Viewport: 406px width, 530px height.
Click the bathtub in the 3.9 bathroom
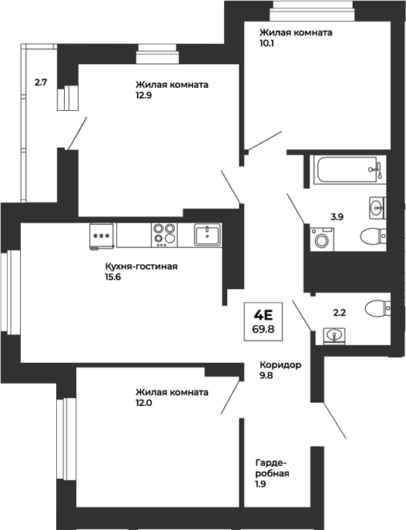pos(347,169)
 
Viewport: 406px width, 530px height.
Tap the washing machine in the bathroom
pos(320,240)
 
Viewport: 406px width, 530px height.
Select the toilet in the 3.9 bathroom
pos(372,236)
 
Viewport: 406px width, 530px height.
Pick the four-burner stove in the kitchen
pos(163,233)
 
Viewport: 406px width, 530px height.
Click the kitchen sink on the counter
pos(207,233)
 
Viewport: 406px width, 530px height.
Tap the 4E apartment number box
pos(263,314)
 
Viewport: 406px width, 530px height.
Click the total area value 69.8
pos(263,329)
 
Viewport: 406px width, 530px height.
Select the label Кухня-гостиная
pos(142,267)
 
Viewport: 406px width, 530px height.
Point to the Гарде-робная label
pos(272,468)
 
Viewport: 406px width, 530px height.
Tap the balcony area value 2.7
pos(41,79)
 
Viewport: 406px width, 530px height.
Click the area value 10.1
pos(268,44)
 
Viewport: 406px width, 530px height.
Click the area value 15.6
pos(115,278)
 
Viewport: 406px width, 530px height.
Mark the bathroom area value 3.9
pos(337,217)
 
